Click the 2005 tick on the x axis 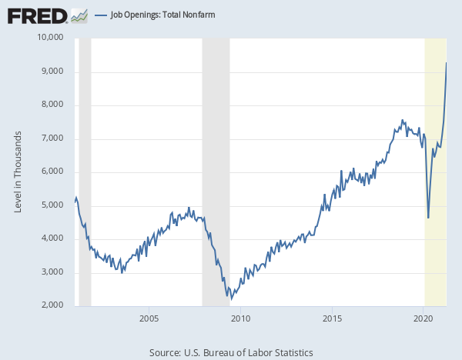point(149,318)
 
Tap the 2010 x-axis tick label point(241,318)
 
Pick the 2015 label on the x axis point(332,318)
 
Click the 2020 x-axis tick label point(423,318)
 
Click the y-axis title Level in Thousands point(18,172)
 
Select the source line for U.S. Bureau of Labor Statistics point(231,352)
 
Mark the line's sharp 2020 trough point(428,218)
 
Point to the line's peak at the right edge point(447,63)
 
